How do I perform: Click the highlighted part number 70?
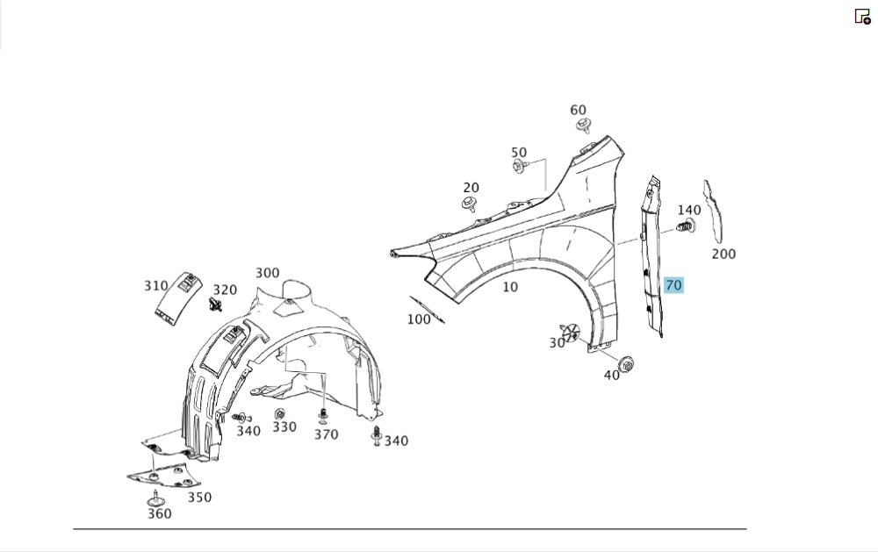tap(673, 285)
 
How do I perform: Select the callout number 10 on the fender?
tap(510, 287)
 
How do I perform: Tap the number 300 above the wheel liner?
tap(267, 273)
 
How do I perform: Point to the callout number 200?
tap(723, 254)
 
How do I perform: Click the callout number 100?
tap(419, 319)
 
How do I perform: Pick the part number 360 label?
tap(159, 513)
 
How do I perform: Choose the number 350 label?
tap(199, 498)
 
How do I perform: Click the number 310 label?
tap(155, 286)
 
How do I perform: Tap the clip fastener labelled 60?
tap(583, 125)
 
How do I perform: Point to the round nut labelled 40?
tap(626, 363)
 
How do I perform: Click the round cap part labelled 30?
tap(572, 332)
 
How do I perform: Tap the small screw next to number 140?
tap(686, 228)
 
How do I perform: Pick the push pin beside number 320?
tap(216, 305)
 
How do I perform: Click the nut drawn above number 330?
tap(280, 413)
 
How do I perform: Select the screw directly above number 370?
tap(323, 414)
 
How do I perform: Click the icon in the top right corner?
tap(862, 16)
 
